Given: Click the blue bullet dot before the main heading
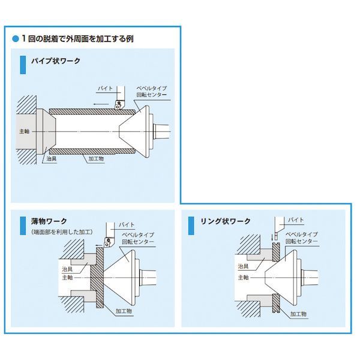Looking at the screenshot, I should [x=16, y=39].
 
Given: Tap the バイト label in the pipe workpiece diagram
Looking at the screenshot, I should [x=104, y=88].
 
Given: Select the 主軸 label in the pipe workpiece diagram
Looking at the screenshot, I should [x=23, y=130].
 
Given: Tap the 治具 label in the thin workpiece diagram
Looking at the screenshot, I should [x=68, y=270].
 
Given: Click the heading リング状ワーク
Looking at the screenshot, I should [x=224, y=221].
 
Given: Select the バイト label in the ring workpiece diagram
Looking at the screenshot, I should [x=295, y=220].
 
